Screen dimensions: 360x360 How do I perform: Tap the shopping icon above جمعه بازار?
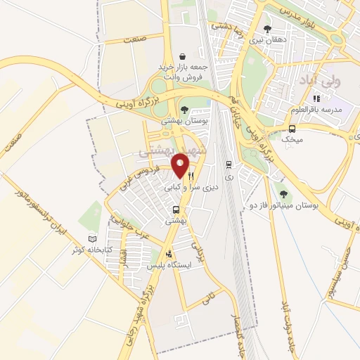[182, 56]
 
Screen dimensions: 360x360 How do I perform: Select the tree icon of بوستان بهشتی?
[184, 109]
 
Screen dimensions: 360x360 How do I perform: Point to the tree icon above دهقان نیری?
[266, 29]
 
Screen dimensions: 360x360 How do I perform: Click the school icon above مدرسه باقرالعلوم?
[316, 98]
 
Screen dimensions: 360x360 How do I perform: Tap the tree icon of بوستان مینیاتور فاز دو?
[283, 193]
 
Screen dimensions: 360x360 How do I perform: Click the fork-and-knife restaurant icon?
[191, 176]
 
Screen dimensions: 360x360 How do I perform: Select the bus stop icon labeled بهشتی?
[176, 209]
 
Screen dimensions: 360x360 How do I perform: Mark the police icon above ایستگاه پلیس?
[168, 255]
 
